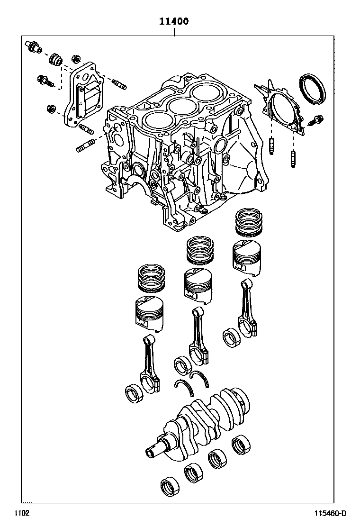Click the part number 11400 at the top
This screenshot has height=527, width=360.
[174, 21]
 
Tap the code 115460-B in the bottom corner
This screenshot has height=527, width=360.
[331, 514]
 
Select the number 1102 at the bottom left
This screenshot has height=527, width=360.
[21, 514]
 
